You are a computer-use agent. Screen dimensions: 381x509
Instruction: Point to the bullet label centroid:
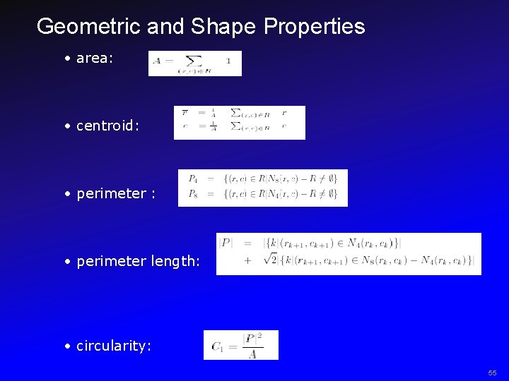107,126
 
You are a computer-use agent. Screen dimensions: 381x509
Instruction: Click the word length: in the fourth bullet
176,262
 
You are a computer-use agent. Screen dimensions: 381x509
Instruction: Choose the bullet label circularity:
114,346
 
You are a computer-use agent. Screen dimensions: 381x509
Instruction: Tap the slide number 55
492,373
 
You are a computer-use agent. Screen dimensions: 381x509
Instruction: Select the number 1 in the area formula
228,61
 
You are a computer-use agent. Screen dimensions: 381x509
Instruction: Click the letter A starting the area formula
156,61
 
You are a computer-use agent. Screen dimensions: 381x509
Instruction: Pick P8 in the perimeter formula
192,193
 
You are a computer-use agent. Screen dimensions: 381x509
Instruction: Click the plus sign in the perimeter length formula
247,260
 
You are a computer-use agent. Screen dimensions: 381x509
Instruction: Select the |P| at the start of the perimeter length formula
226,243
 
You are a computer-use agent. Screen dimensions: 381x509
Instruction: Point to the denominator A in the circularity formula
252,354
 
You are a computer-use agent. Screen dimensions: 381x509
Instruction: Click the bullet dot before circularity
66,346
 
